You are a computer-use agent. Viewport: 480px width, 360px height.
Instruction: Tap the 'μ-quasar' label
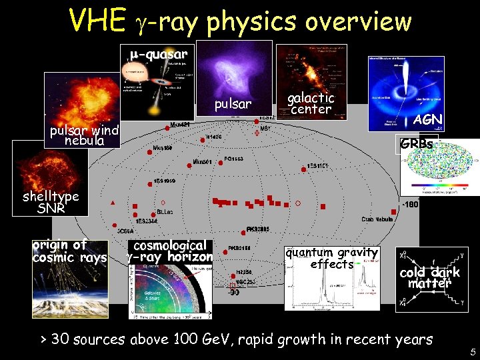(159, 53)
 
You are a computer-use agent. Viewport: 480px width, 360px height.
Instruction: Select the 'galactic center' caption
(311, 103)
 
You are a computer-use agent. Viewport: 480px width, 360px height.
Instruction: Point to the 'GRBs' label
(417, 144)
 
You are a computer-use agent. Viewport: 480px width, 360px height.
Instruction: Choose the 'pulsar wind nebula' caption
(84, 135)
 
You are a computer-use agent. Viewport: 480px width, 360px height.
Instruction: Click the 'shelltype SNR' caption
(51, 201)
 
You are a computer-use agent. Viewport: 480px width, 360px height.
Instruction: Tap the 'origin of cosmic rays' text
(69, 251)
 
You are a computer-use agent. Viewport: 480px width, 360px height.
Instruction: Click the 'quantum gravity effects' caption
(331, 258)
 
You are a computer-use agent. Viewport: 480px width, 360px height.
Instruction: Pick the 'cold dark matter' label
(430, 278)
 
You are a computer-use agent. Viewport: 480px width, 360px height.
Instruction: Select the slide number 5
(473, 352)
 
